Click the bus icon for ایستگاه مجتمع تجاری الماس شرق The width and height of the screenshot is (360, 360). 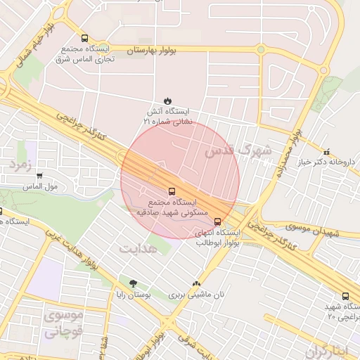(x=85, y=39)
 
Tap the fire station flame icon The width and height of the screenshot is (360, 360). (x=167, y=101)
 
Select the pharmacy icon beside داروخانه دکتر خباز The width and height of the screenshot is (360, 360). (x=326, y=152)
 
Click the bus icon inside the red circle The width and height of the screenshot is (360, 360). (x=172, y=191)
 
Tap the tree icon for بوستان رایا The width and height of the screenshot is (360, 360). (x=133, y=284)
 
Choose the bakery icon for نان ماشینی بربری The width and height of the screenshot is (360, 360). (x=196, y=283)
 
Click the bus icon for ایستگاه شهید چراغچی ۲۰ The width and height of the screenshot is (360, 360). (x=345, y=297)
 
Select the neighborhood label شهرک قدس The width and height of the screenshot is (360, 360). (x=238, y=150)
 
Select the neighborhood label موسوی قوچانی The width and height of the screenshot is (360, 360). (x=63, y=324)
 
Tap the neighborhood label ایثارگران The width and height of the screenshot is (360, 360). (x=327, y=351)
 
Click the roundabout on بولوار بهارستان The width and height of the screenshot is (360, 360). (x=261, y=50)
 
